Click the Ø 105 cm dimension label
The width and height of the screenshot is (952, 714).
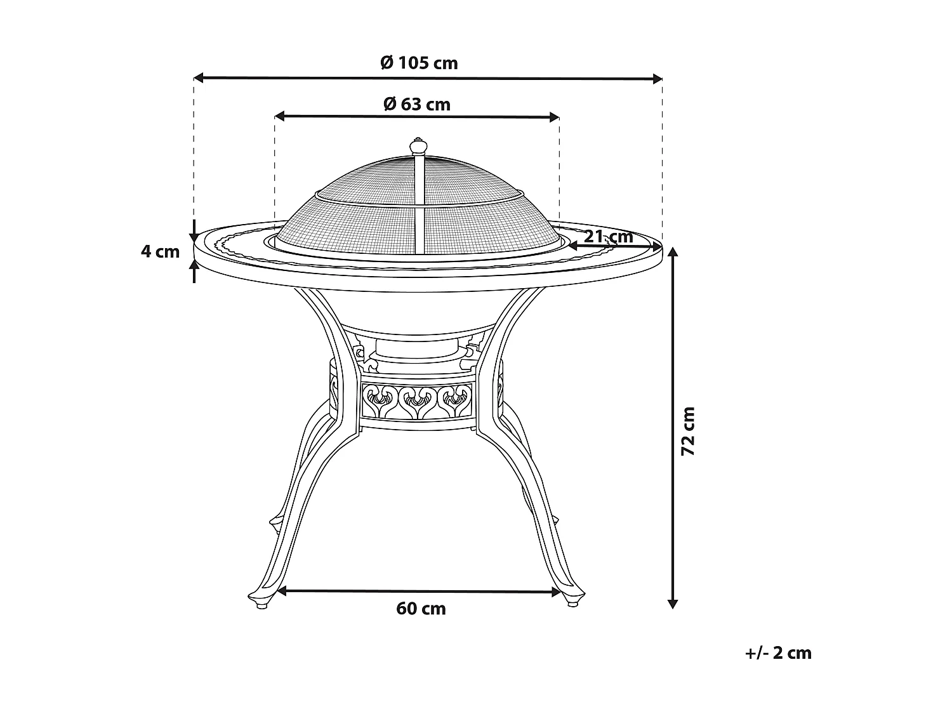pyautogui.click(x=419, y=63)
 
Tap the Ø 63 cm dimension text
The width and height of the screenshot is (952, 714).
pyautogui.click(x=417, y=103)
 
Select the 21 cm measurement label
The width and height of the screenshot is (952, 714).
pyautogui.click(x=608, y=236)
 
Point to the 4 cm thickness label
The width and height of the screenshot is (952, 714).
pyautogui.click(x=160, y=251)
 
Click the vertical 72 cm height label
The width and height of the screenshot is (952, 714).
pyautogui.click(x=688, y=431)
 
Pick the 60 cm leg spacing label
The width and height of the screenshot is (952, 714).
pyautogui.click(x=421, y=609)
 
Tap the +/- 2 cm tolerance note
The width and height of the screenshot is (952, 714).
pyautogui.click(x=778, y=652)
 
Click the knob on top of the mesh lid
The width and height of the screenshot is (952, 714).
pyautogui.click(x=418, y=147)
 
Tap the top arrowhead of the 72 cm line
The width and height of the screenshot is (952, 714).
pyautogui.click(x=673, y=252)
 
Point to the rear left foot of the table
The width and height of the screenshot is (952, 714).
pyautogui.click(x=275, y=524)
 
